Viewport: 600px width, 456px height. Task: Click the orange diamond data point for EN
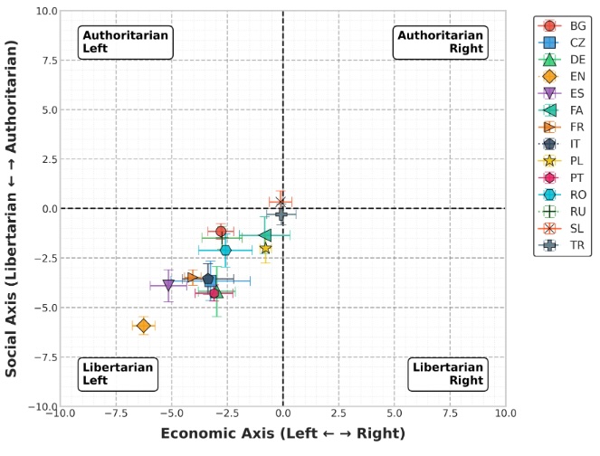coord(144,326)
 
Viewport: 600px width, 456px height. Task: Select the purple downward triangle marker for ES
coord(168,285)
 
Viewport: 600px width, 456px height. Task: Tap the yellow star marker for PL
coord(265,248)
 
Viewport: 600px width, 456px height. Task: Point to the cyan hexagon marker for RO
coord(225,251)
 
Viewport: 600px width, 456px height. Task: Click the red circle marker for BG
coord(221,232)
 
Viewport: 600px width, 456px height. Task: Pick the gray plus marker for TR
coord(281,214)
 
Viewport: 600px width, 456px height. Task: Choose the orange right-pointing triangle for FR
coord(192,278)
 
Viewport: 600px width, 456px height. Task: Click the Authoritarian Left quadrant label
coord(126,43)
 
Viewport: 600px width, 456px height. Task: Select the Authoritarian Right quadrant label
coord(441,43)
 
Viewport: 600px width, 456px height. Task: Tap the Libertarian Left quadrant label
coord(118,375)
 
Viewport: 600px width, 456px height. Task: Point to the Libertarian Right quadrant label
coord(448,375)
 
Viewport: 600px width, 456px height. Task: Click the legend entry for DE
coord(562,60)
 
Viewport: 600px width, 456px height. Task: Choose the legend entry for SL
coord(561,229)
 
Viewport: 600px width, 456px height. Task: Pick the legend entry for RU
coord(562,212)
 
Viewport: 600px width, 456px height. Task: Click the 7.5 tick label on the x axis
coord(450,413)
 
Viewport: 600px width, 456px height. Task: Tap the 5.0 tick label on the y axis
coord(50,109)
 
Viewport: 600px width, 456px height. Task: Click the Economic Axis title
coord(282,433)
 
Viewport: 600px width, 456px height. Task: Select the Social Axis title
coord(11,208)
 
